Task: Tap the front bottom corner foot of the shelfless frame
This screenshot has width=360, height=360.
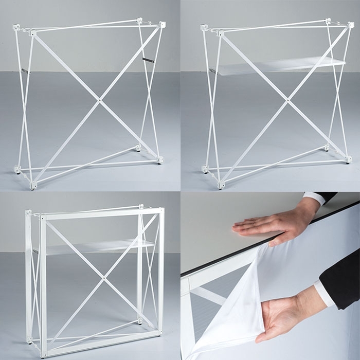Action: (34, 185)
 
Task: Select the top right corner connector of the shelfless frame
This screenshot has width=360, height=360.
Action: (163, 24)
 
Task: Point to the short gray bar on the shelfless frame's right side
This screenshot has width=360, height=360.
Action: (148, 60)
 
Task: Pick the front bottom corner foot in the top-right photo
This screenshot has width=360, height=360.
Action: (222, 184)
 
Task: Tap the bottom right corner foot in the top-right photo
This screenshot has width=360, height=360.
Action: (349, 159)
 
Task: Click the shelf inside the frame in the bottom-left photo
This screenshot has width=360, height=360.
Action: (98, 247)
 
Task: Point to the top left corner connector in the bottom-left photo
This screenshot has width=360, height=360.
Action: (28, 212)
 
